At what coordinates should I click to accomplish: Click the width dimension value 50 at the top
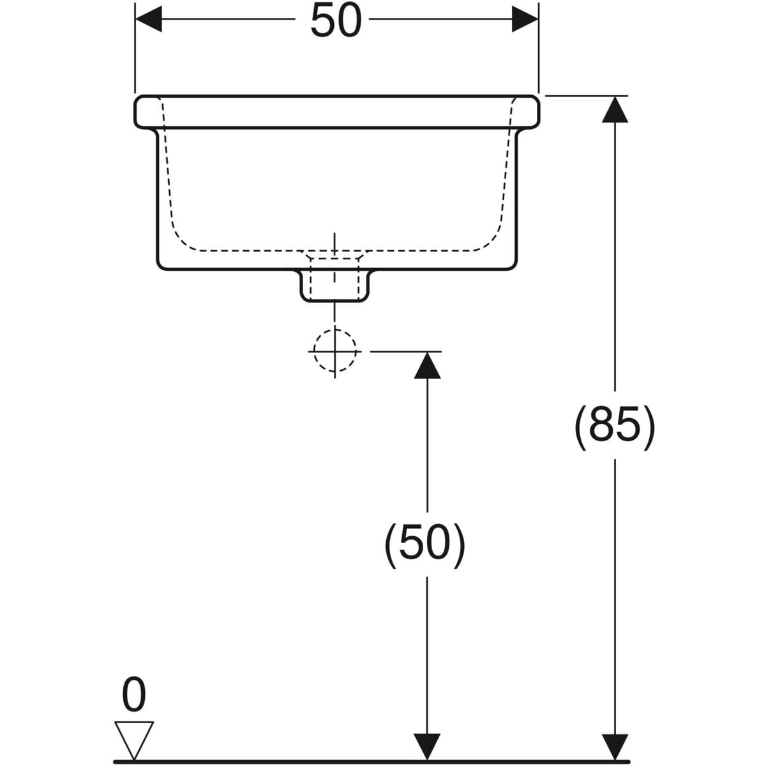tap(336, 21)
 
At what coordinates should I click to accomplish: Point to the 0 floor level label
tap(133, 695)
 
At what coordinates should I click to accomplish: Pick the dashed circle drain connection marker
tap(334, 350)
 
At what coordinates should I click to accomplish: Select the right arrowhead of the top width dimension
tap(525, 21)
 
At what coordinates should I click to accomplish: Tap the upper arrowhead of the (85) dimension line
tap(615, 109)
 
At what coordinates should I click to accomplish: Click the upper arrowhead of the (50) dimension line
tap(427, 364)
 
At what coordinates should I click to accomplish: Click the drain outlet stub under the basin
tap(334, 285)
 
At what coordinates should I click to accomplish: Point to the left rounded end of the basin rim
tap(138, 112)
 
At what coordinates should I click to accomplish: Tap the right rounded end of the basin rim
tap(536, 112)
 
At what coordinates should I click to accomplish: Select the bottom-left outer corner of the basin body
tap(160, 264)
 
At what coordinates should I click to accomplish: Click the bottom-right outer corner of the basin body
tap(513, 264)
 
